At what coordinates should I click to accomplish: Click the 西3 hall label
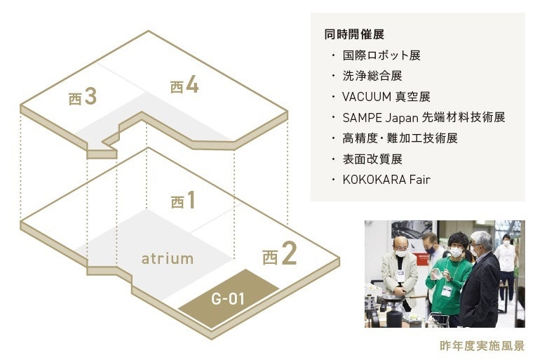83,97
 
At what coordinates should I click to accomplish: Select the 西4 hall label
184,86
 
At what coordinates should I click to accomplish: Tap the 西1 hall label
183,201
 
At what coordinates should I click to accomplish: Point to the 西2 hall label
279,255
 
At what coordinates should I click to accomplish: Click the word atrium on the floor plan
167,258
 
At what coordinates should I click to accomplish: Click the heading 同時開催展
354,34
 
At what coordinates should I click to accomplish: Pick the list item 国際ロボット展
381,55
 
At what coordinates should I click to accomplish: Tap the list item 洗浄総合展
372,75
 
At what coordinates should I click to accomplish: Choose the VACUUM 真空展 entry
386,96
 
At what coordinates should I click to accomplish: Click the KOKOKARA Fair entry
386,180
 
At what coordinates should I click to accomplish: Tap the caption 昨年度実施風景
482,346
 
